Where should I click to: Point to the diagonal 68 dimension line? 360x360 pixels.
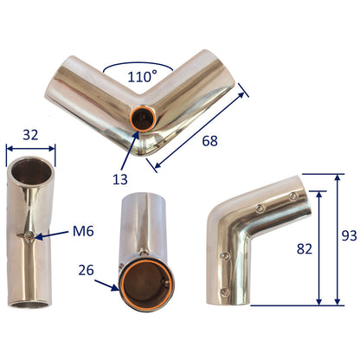pos(197,124)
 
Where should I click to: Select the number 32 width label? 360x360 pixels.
pos(31,134)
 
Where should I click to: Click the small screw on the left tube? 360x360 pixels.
pos(32,235)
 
